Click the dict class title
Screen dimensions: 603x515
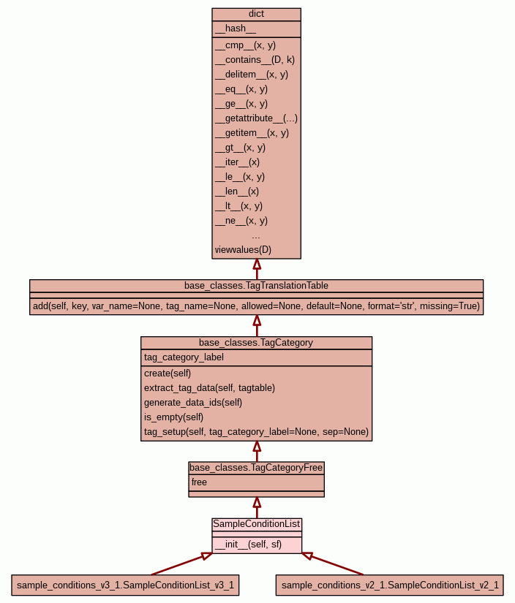click(x=256, y=14)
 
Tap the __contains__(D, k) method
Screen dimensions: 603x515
click(x=255, y=59)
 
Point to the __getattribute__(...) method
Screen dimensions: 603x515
click(x=256, y=118)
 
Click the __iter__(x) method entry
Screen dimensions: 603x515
click(x=237, y=162)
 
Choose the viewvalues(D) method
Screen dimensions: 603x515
click(x=243, y=249)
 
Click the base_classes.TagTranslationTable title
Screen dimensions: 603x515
click(x=256, y=285)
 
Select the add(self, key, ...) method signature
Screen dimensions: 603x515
click(x=256, y=306)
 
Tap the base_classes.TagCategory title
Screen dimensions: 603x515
click(x=256, y=342)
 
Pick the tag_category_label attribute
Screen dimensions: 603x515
click(x=184, y=357)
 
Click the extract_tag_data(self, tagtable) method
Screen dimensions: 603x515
click(x=209, y=387)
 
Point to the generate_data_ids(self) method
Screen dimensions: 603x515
click(x=193, y=402)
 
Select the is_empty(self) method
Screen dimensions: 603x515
click(x=174, y=417)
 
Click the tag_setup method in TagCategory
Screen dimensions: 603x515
click(x=256, y=431)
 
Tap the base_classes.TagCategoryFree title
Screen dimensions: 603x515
click(x=256, y=467)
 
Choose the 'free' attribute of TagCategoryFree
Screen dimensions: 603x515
click(x=199, y=482)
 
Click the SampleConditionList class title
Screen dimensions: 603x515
click(x=256, y=524)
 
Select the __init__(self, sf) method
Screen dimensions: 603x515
click(x=248, y=544)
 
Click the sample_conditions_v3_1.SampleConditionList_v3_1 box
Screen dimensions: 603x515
click(x=125, y=585)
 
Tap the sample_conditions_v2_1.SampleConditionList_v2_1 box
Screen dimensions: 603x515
click(x=390, y=585)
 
